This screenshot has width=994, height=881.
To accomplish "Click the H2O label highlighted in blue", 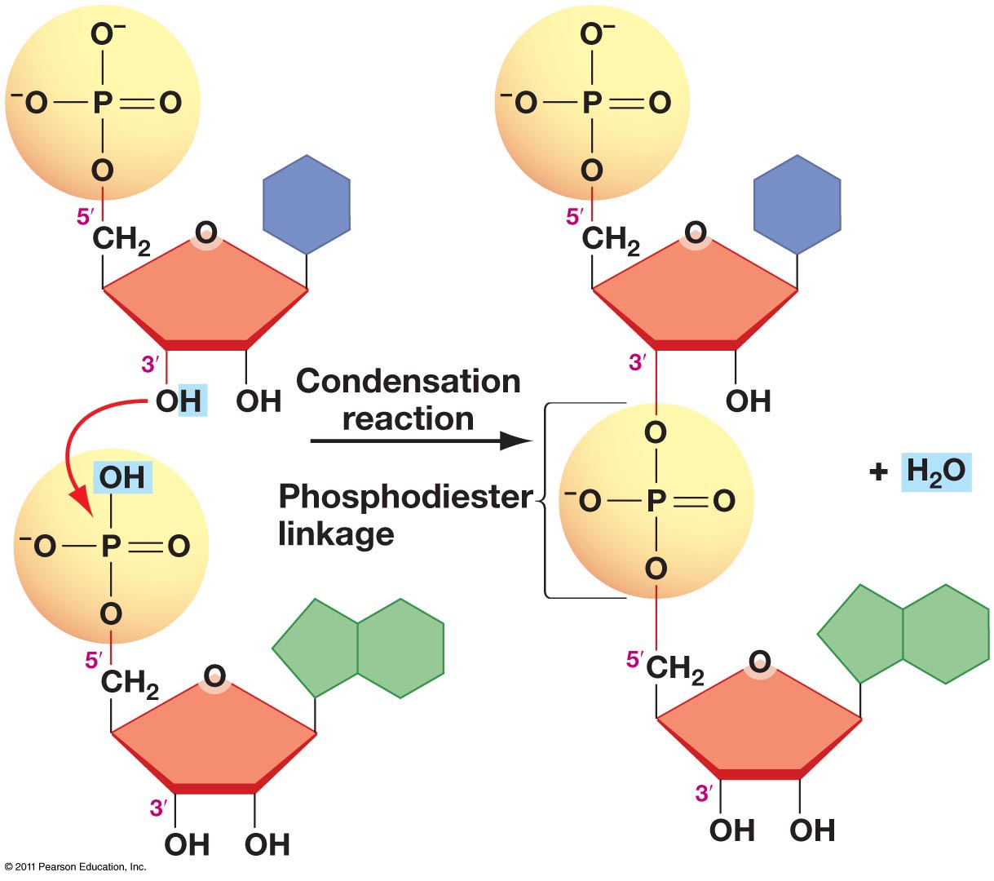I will (935, 471).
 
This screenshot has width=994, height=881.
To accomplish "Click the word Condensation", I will (408, 382).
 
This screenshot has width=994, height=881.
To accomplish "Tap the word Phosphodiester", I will (405, 496).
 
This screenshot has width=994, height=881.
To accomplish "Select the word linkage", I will (336, 534).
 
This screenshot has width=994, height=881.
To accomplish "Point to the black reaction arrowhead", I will (516, 441).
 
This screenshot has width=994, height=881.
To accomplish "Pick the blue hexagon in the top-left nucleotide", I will (306, 205).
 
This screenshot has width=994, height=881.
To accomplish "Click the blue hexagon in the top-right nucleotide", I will (797, 205).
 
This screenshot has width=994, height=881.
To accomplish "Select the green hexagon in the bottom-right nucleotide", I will (946, 634).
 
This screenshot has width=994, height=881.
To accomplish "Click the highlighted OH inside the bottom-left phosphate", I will (122, 477).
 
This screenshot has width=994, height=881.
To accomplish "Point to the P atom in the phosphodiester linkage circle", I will (656, 501).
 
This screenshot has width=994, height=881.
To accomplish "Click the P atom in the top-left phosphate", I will (102, 104).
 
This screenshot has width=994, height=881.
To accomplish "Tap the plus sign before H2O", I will (878, 472).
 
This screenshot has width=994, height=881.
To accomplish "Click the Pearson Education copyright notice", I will (75, 866).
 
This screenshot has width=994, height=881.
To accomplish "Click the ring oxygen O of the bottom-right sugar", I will (759, 662).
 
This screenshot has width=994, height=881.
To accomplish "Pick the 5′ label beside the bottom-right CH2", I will (634, 659).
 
